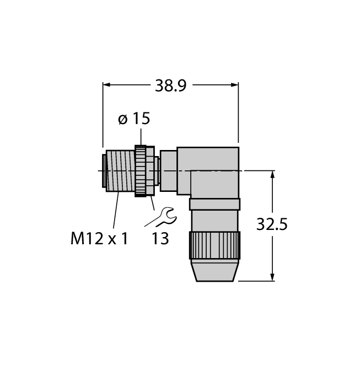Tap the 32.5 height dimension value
(272, 224)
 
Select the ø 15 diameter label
(135, 119)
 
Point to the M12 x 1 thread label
(99, 238)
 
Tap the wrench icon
(161, 217)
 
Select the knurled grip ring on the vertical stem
(215, 245)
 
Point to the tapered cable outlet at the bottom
(215, 271)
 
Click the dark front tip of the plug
(104, 171)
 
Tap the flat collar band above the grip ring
(214, 205)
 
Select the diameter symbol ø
(123, 119)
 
